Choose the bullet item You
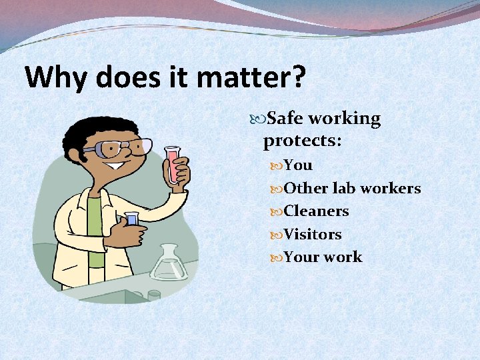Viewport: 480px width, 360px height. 297,165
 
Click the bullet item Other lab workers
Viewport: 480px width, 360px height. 352,188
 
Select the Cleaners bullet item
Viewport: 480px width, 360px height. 316,211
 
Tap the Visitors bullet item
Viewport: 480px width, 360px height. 313,235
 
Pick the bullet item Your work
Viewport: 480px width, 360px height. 323,257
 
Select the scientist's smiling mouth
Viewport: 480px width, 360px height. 118,167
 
